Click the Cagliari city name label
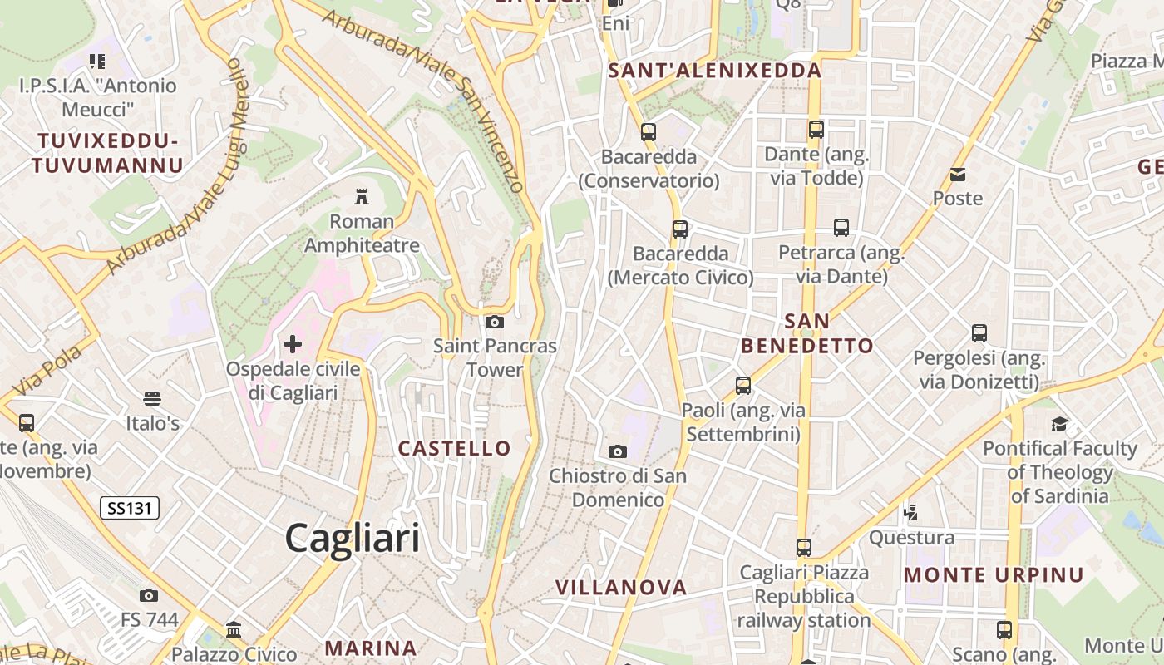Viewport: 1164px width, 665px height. (353, 539)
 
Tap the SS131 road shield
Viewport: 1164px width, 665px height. (130, 508)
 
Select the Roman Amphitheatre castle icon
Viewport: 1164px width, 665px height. (362, 197)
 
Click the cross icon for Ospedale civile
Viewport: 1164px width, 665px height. (293, 343)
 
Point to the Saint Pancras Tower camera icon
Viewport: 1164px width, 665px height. (495, 322)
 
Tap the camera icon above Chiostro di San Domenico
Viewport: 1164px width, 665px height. (618, 451)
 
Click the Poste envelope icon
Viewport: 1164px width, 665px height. (958, 175)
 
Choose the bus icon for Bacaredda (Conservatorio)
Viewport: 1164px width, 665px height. (649, 131)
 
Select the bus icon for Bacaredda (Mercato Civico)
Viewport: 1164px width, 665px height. (680, 229)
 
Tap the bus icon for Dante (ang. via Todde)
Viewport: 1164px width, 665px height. (816, 130)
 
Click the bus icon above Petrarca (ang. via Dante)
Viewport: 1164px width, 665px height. (841, 228)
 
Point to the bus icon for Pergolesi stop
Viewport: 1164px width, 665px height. (979, 333)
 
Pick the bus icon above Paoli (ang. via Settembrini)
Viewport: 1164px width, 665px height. (743, 386)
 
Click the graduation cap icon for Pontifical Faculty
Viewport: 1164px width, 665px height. (1059, 425)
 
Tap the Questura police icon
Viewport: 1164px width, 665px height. (911, 513)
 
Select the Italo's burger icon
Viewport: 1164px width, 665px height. (152, 399)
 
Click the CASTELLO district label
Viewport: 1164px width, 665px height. (454, 449)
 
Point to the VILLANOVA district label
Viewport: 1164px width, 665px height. (621, 588)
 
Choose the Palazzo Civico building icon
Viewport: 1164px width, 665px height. (234, 629)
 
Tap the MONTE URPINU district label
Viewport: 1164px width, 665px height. (994, 575)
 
